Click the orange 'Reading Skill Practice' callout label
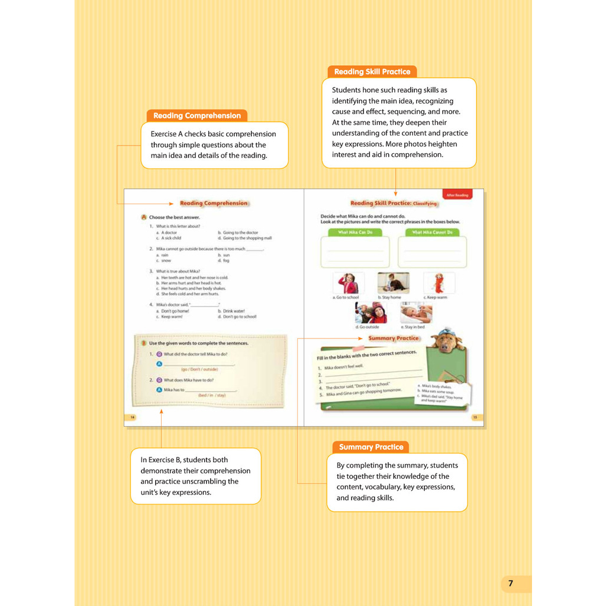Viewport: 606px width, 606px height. [x=372, y=72]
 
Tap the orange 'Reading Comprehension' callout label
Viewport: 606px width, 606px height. [x=197, y=116]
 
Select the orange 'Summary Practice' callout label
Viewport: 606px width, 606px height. [x=371, y=447]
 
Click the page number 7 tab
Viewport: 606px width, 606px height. [x=511, y=584]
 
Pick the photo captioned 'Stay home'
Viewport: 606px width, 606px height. [x=393, y=283]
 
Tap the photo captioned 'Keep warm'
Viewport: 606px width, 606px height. [x=439, y=283]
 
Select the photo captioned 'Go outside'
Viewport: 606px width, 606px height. [x=371, y=312]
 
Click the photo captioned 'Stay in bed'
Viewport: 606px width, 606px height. [x=416, y=312]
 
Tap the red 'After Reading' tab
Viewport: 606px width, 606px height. [x=457, y=195]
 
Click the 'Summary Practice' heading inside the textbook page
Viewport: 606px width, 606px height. [x=393, y=339]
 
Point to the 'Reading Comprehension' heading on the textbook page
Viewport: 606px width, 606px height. [x=214, y=204]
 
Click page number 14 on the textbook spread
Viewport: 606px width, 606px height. [x=133, y=417]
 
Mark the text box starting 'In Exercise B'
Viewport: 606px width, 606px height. [x=195, y=476]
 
